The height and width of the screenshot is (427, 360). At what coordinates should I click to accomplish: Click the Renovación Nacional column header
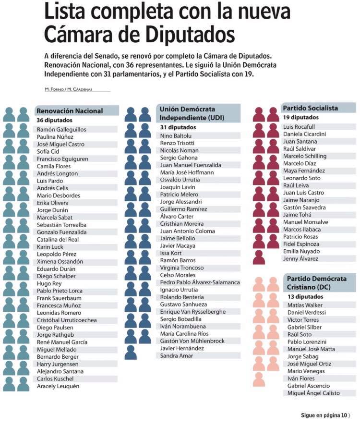[x=70, y=111]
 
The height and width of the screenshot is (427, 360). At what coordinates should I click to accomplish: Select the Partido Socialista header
[x=311, y=108]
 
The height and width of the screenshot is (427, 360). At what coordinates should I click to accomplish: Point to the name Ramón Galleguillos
[x=61, y=130]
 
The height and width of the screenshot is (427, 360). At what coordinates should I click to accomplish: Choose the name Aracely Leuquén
[x=58, y=386]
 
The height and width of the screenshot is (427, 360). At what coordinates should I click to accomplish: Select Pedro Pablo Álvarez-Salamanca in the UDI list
[x=200, y=282]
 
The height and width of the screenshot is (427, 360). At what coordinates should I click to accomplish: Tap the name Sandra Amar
[x=177, y=355]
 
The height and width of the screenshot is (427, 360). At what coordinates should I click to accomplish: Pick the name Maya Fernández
[x=304, y=171]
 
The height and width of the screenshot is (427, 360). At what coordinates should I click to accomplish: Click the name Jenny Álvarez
[x=300, y=259]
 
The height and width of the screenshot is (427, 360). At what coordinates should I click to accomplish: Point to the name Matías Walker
[x=305, y=305]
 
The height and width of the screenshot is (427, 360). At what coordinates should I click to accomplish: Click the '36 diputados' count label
[x=55, y=120]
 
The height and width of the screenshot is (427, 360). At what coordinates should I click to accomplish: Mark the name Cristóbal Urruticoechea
[x=67, y=320]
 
